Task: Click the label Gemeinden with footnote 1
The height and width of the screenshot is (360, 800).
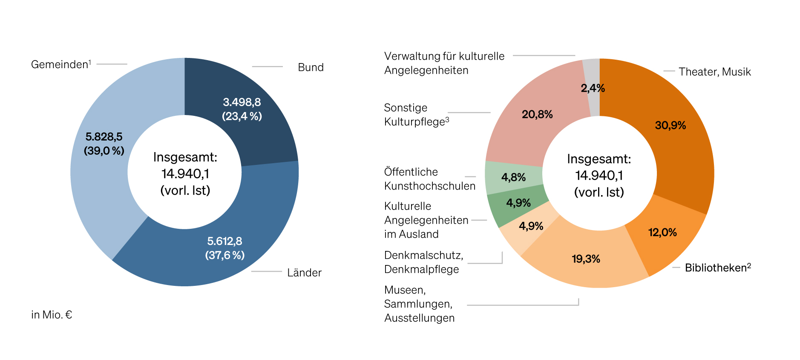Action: click(x=60, y=64)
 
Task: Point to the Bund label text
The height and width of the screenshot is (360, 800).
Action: click(x=311, y=67)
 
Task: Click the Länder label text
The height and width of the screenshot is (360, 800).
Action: click(x=304, y=273)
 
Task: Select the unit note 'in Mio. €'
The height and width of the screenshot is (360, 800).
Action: click(x=52, y=315)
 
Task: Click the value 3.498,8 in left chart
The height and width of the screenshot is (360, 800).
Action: click(x=242, y=102)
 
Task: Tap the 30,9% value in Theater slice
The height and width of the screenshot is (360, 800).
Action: click(x=670, y=125)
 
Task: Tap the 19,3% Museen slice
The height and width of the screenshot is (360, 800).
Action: click(x=586, y=264)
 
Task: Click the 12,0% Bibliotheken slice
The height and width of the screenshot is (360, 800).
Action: click(x=665, y=239)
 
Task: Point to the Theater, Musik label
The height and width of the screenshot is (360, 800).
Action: click(x=714, y=72)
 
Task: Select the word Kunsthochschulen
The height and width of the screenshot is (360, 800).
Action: click(x=429, y=186)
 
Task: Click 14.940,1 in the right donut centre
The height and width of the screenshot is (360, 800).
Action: click(x=599, y=176)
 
